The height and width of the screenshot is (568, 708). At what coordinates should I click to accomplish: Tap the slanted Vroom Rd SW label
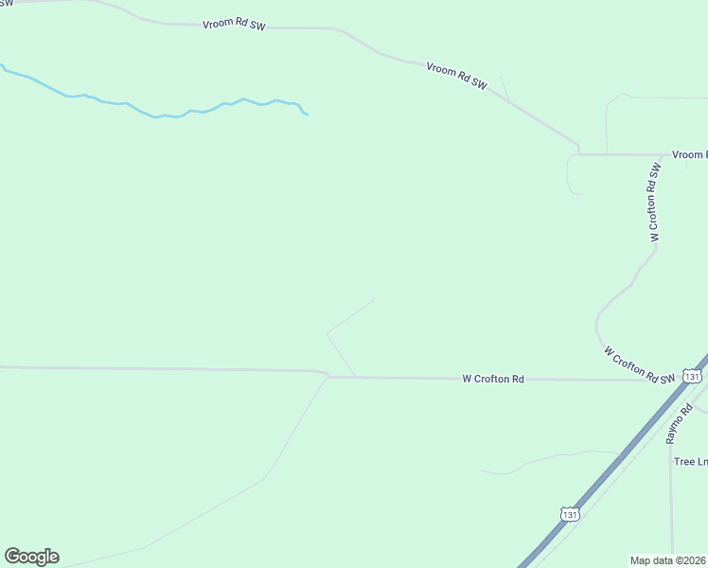456,76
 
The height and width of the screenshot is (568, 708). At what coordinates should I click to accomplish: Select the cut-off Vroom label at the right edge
689,154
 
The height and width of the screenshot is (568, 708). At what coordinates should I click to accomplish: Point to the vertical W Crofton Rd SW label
653,203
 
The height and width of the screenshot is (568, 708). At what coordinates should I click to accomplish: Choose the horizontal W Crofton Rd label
493,379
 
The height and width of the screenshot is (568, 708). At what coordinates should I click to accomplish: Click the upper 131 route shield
692,377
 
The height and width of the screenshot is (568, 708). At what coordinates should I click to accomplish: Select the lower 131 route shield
569,514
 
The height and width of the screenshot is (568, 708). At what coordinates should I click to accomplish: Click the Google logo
31,557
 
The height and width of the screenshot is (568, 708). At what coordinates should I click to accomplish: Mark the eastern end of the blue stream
307,115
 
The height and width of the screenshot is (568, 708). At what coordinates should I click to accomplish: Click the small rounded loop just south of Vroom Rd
569,176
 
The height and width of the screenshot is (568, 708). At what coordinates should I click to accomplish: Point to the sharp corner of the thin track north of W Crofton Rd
327,333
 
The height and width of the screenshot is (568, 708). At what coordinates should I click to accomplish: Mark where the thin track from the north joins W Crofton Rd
356,377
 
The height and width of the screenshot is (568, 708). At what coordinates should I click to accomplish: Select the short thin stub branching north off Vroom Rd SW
504,88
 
